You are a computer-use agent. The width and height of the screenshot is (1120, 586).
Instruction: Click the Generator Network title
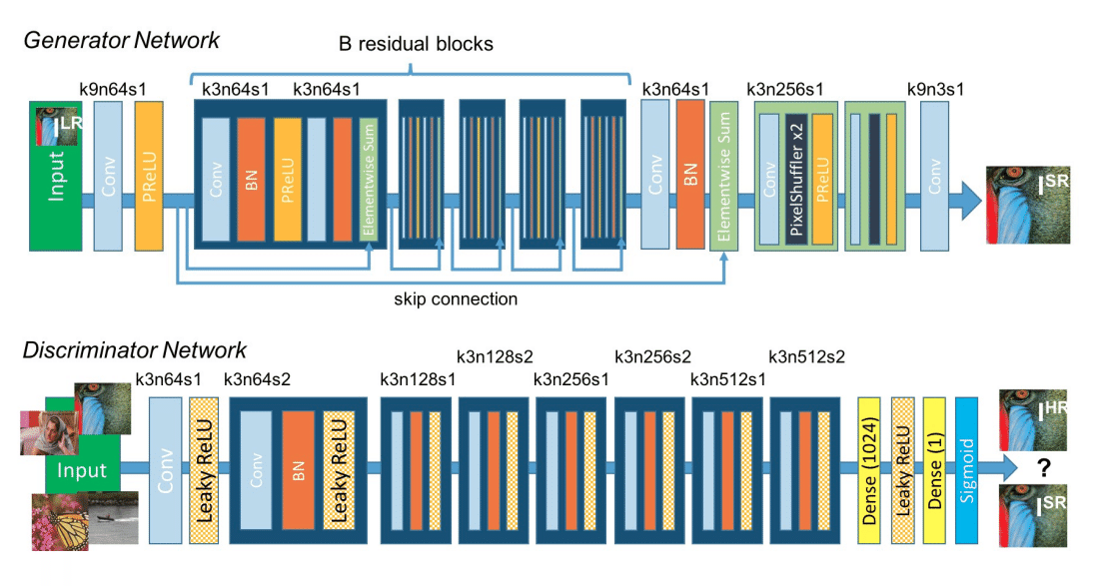click(x=122, y=41)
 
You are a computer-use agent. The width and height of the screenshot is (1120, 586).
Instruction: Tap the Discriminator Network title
click(x=135, y=350)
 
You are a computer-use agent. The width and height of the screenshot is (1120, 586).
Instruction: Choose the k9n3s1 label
click(x=935, y=89)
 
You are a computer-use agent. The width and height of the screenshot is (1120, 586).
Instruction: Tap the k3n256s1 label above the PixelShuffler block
click(x=784, y=89)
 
